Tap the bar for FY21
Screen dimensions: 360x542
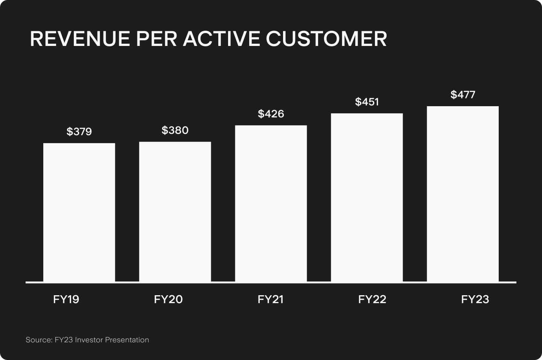click(271, 203)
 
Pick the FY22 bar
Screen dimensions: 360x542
click(367, 197)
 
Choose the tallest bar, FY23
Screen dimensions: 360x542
click(463, 194)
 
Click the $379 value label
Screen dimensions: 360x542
click(79, 132)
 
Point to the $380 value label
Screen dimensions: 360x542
click(175, 130)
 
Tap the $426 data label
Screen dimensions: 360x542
click(271, 114)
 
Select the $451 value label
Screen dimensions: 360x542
click(367, 102)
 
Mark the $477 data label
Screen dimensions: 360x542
click(463, 95)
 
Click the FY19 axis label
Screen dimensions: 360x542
click(66, 299)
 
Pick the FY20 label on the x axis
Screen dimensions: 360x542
click(168, 299)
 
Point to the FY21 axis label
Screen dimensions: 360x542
click(270, 299)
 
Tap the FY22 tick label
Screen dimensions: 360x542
click(372, 299)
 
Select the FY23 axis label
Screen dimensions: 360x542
click(475, 299)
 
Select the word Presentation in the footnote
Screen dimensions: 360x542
click(127, 340)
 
